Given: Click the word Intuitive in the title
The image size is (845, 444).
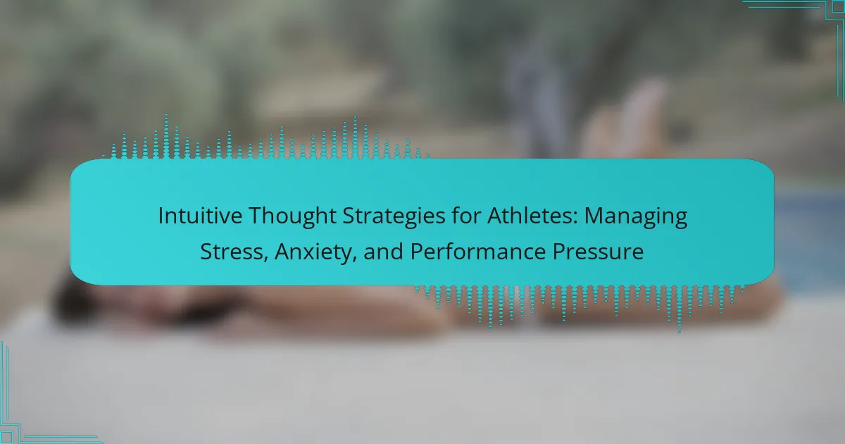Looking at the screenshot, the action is [200, 216].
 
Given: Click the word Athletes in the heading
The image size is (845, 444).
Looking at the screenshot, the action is [530, 216].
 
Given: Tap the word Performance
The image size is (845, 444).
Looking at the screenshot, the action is [477, 252].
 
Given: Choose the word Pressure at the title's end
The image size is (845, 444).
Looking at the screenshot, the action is [598, 252].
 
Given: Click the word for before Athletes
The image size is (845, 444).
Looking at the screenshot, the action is [465, 216].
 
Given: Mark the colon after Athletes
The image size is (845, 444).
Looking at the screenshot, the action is [575, 219].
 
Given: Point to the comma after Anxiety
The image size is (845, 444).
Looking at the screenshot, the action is [354, 259].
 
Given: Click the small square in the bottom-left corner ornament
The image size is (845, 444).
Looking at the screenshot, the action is [6, 437].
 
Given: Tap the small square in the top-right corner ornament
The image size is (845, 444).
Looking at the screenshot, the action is [839, 6].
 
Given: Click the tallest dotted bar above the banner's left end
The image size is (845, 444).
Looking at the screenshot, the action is [166, 136].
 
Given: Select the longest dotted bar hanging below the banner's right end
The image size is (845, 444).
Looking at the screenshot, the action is [680, 309].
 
